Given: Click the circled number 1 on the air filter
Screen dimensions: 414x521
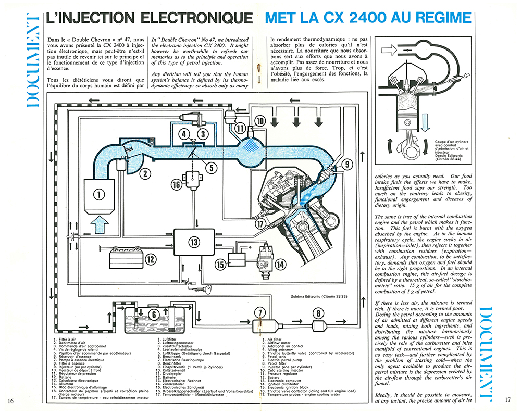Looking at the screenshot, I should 98,195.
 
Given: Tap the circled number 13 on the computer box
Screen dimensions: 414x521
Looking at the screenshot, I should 194,242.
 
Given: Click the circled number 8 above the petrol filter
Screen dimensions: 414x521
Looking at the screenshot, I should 317,313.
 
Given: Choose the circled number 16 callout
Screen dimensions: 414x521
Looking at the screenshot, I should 177,184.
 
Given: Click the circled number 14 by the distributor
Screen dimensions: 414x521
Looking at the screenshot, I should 280,264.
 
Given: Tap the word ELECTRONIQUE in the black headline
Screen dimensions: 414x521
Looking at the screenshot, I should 198,18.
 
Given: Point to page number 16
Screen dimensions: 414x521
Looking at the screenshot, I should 11,400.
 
